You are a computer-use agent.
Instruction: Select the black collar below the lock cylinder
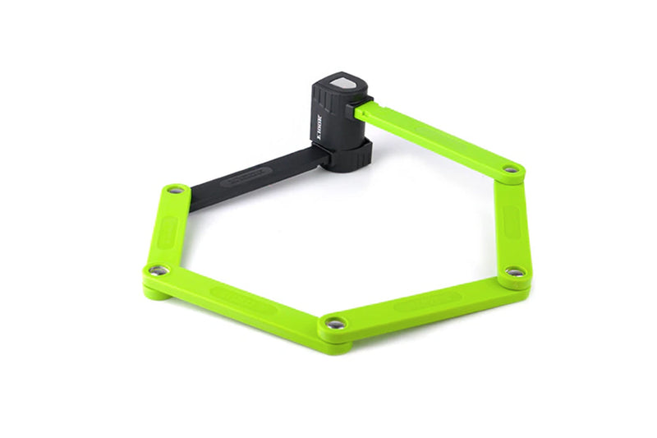346,154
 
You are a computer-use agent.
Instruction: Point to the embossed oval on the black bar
246,173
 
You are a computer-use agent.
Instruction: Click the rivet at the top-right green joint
511,169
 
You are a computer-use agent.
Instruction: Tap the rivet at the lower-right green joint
513,271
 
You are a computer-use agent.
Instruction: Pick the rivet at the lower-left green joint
159,269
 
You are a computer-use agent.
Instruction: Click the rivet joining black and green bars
173,190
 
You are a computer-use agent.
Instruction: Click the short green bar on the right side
512,220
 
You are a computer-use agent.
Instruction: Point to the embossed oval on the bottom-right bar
427,301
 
